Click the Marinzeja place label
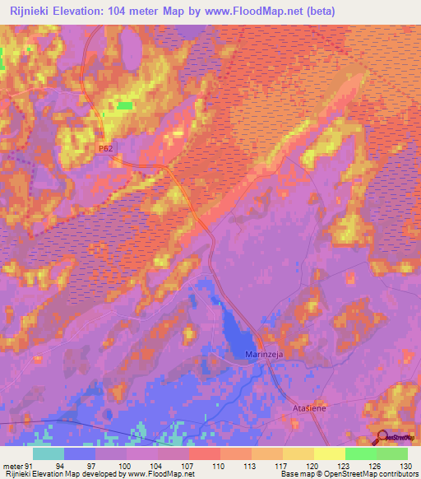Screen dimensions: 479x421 265,354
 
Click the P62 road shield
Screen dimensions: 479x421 104,147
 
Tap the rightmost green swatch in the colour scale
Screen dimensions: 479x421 391,453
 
